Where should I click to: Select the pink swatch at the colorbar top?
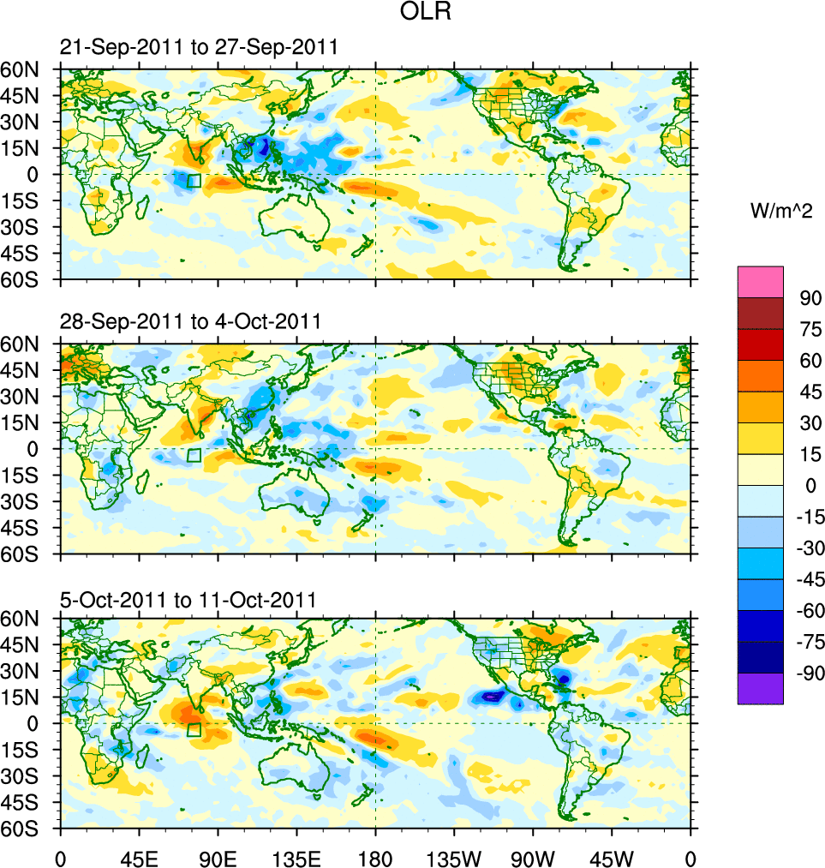coord(761,281)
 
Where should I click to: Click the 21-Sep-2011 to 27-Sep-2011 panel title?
coord(199,48)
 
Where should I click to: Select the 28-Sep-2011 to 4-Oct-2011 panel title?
coord(190,321)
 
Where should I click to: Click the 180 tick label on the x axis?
coord(375,858)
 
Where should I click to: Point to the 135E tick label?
coord(296,858)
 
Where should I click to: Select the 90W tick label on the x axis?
coord(533,858)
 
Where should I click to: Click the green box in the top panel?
coord(194,181)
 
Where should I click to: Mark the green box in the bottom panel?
coord(194,729)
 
